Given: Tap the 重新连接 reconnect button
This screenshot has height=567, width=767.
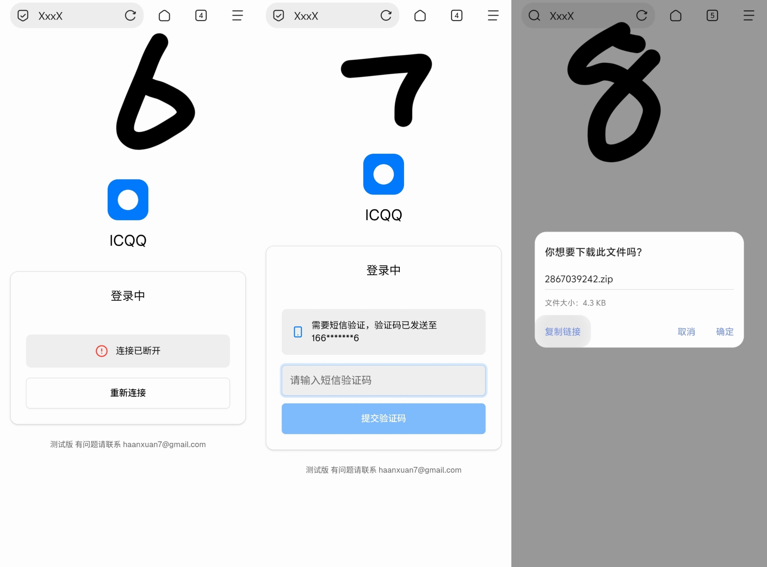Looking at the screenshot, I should click(128, 393).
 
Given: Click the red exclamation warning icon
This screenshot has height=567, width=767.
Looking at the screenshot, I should click(101, 351).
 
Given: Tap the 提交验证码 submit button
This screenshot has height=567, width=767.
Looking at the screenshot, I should click(383, 418).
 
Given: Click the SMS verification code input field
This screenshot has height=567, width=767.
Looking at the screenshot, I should click(383, 380).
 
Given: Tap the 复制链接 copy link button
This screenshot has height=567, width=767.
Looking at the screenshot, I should click(562, 331).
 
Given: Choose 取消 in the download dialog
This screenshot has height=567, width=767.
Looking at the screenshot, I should click(686, 331).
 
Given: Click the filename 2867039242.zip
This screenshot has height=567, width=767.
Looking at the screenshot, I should click(578, 279).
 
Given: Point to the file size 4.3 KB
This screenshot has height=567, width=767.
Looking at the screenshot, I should click(594, 303).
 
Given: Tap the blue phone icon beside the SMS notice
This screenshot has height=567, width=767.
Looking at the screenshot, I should click(298, 332).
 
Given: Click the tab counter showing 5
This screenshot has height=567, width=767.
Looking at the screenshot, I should click(712, 15).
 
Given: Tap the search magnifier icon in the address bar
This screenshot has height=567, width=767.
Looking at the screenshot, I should click(534, 15).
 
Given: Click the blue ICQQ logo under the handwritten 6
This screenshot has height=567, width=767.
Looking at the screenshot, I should click(128, 200).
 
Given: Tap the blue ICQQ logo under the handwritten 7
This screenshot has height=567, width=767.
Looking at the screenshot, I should click(383, 174).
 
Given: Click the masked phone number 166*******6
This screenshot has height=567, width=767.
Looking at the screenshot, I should click(335, 338).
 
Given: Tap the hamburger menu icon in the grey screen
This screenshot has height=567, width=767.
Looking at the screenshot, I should click(748, 15).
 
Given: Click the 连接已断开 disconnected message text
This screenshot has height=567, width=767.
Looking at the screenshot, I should click(138, 351).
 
